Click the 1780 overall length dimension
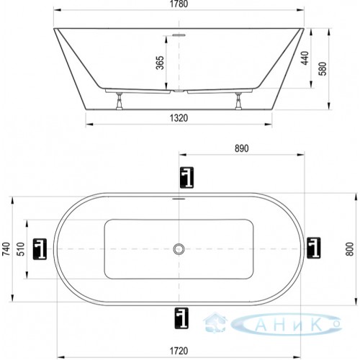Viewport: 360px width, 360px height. pyautogui.click(x=179, y=4)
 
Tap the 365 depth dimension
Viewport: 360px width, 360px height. pyautogui.click(x=160, y=63)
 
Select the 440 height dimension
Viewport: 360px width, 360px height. pyautogui.click(x=305, y=58)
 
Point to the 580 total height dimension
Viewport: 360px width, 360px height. pyautogui.click(x=323, y=68)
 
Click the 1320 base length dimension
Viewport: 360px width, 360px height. pyautogui.click(x=179, y=118)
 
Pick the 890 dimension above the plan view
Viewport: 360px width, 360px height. pyautogui.click(x=242, y=148)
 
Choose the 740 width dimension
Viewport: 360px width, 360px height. pyautogui.click(x=6, y=249)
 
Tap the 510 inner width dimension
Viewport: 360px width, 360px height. pyautogui.click(x=21, y=249)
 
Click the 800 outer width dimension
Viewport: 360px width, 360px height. pyautogui.click(x=351, y=249)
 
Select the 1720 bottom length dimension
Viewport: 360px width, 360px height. pyautogui.click(x=179, y=351)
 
